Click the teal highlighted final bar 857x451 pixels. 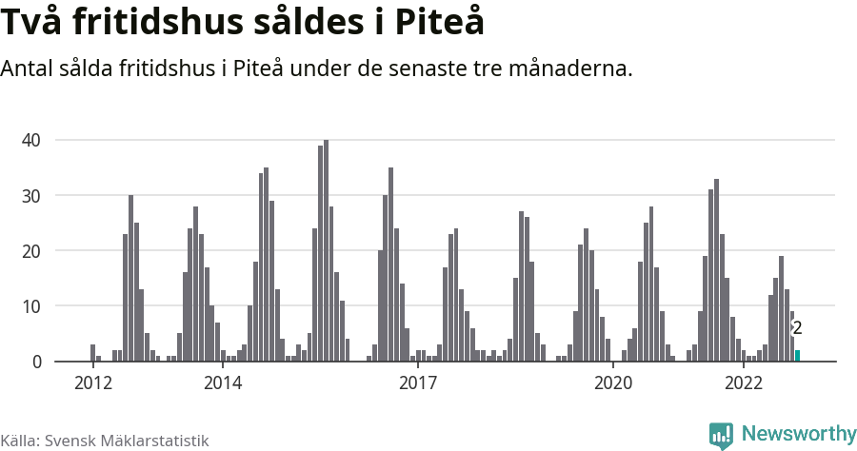797,356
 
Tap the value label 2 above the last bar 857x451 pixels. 797,328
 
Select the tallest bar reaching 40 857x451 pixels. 326,251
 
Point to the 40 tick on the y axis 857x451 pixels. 31,140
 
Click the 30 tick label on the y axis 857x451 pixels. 31,195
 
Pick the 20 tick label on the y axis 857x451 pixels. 31,250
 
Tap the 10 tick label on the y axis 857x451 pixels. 31,306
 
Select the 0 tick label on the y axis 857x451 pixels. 36,362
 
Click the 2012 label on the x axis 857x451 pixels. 92,382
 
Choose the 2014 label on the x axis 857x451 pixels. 222,382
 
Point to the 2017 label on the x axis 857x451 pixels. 417,382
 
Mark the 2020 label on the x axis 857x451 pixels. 612,382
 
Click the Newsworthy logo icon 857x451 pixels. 721,435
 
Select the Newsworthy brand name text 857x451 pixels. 798,434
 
